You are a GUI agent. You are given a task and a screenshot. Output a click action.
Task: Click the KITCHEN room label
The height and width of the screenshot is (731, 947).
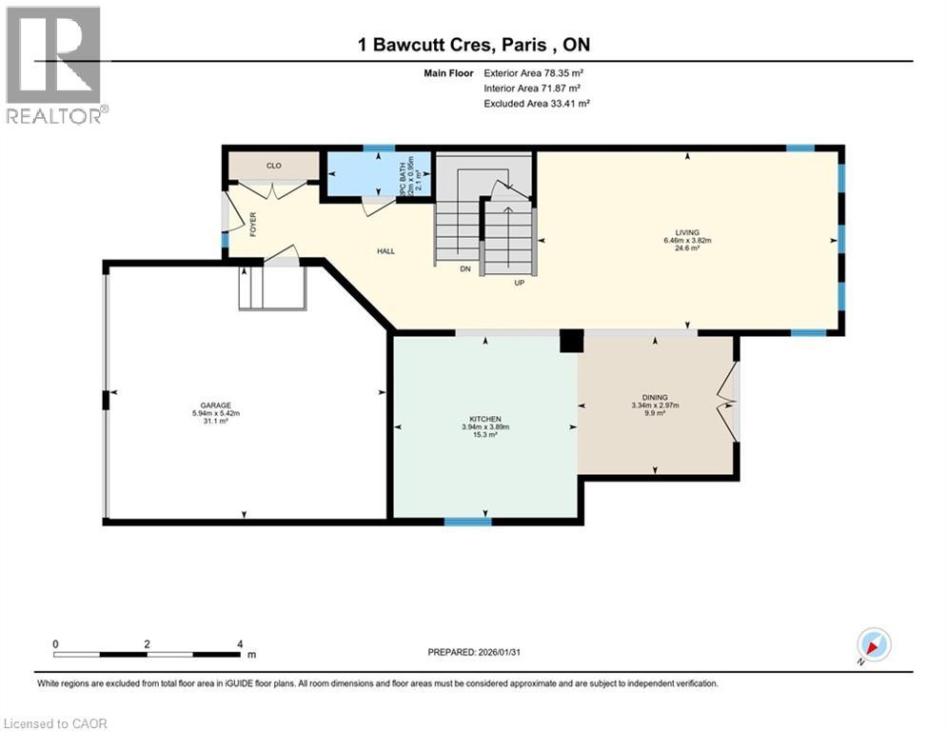click(484, 419)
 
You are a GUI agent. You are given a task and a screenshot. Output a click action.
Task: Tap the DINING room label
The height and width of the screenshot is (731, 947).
click(654, 397)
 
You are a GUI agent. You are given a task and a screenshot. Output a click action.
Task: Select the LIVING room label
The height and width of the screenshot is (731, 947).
click(687, 232)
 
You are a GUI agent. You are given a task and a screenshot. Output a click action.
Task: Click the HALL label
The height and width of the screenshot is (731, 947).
click(385, 251)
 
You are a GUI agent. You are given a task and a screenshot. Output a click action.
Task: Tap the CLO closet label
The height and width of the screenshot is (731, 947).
click(273, 166)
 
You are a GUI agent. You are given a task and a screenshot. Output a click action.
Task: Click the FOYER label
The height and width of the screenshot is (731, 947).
click(253, 224)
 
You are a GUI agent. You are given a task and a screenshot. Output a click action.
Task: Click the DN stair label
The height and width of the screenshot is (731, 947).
click(465, 269)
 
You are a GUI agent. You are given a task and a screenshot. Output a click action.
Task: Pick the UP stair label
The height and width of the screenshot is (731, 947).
click(520, 282)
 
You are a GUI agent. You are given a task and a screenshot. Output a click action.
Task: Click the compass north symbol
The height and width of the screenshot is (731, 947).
click(873, 645)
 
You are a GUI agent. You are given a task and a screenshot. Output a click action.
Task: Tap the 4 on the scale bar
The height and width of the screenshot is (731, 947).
click(239, 643)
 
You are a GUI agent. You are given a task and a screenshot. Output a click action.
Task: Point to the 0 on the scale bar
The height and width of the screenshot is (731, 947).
click(56, 643)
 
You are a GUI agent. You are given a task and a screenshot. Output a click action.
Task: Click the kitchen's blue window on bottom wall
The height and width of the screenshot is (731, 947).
click(467, 521)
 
